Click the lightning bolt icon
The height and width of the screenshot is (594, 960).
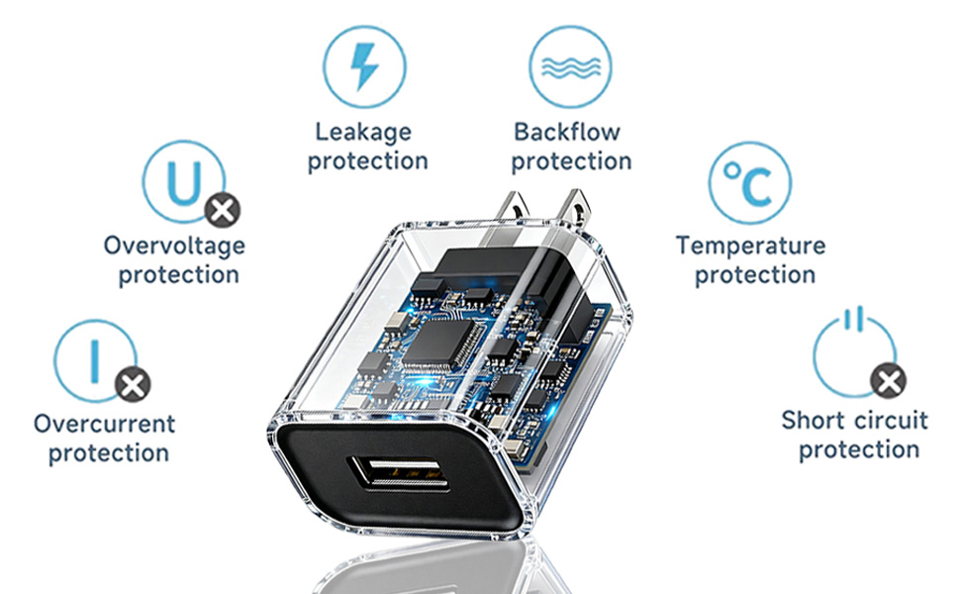coord(364,66)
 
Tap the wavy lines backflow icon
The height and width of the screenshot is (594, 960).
coord(571,67)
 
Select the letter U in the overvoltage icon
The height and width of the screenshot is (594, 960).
coord(184,182)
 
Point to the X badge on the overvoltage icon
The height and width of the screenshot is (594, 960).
coord(223,211)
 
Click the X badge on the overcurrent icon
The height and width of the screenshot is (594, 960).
coord(133,384)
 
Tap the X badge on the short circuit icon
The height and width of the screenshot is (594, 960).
coord(889,380)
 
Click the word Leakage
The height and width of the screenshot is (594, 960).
coord(363,133)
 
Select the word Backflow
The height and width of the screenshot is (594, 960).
coord(567,132)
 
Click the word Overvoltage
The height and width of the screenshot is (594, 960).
coord(174,247)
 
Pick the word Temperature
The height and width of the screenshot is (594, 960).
coord(750,247)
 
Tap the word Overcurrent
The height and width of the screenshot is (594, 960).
coord(105,423)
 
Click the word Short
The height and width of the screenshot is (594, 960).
coord(813,420)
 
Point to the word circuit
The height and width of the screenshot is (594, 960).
coord(891,420)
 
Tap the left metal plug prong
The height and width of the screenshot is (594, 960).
coord(512,207)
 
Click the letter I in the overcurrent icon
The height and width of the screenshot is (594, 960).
coord(95,361)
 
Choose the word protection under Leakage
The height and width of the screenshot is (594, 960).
coord(367,161)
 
